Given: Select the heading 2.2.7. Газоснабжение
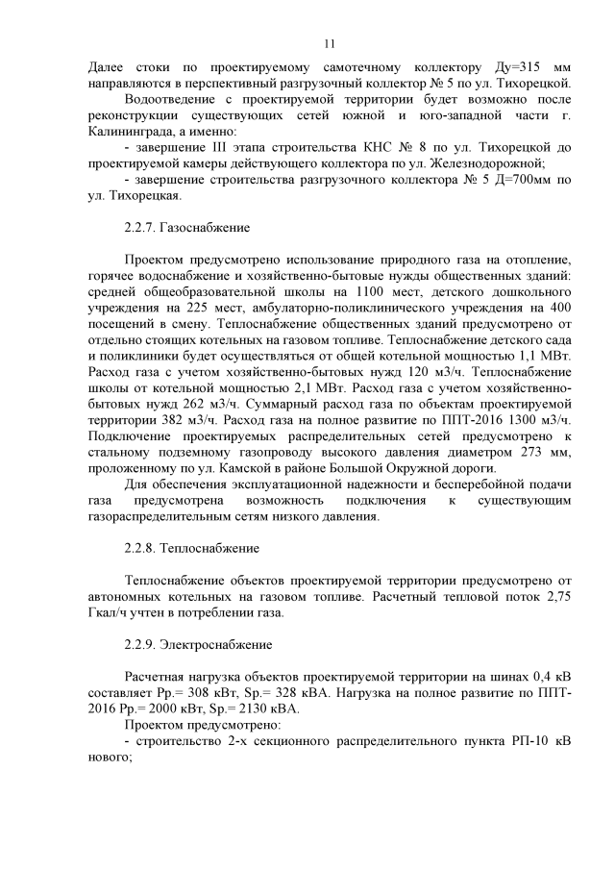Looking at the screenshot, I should tap(187, 228).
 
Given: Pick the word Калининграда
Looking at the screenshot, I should tap(128, 132).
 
